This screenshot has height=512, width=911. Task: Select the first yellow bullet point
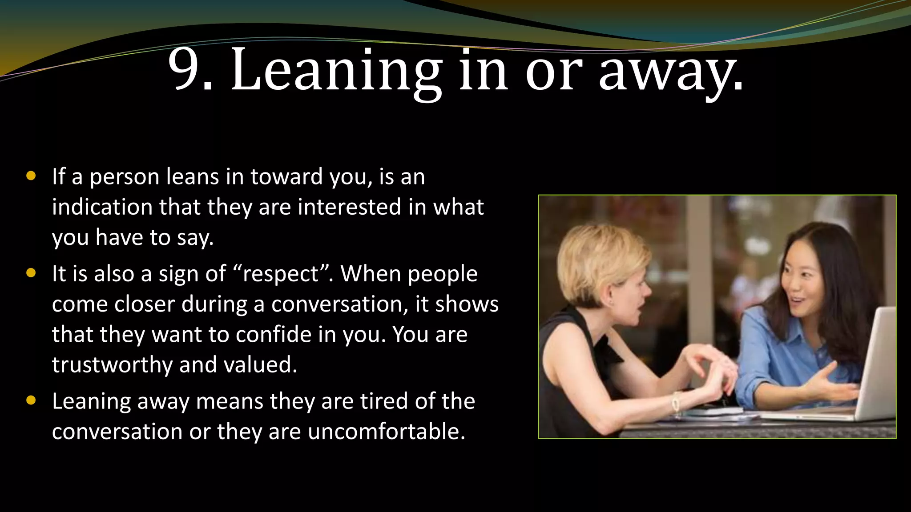point(31,176)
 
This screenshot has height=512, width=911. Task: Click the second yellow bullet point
point(31,273)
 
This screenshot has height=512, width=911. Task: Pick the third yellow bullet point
point(31,400)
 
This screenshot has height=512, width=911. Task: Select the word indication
point(102,208)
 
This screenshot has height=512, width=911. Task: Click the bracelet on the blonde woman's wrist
point(676,402)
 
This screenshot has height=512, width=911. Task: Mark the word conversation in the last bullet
point(117,432)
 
